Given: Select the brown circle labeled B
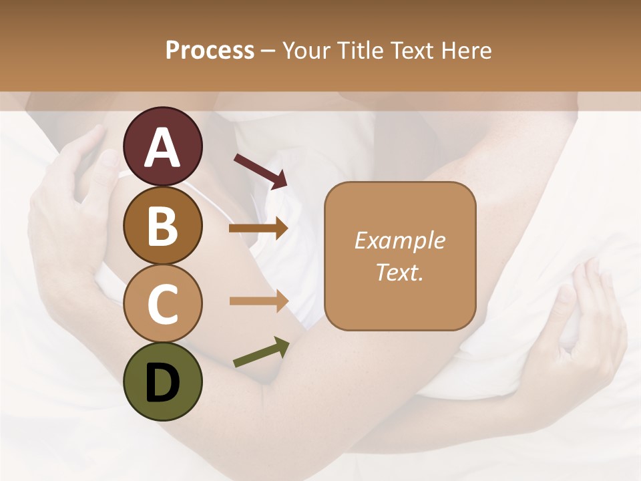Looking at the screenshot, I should point(163,225).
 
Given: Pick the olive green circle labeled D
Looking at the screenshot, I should point(163,381).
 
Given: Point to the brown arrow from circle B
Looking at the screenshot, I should point(258,228).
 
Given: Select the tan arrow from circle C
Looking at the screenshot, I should point(258,301).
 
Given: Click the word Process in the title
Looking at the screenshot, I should point(210,50).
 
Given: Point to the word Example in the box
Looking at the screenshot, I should point(399,240).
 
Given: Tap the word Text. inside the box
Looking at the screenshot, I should point(399,272).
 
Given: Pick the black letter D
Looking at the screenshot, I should point(163,383).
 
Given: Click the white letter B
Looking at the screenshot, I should point(163,226).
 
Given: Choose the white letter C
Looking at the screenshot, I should point(163,304).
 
